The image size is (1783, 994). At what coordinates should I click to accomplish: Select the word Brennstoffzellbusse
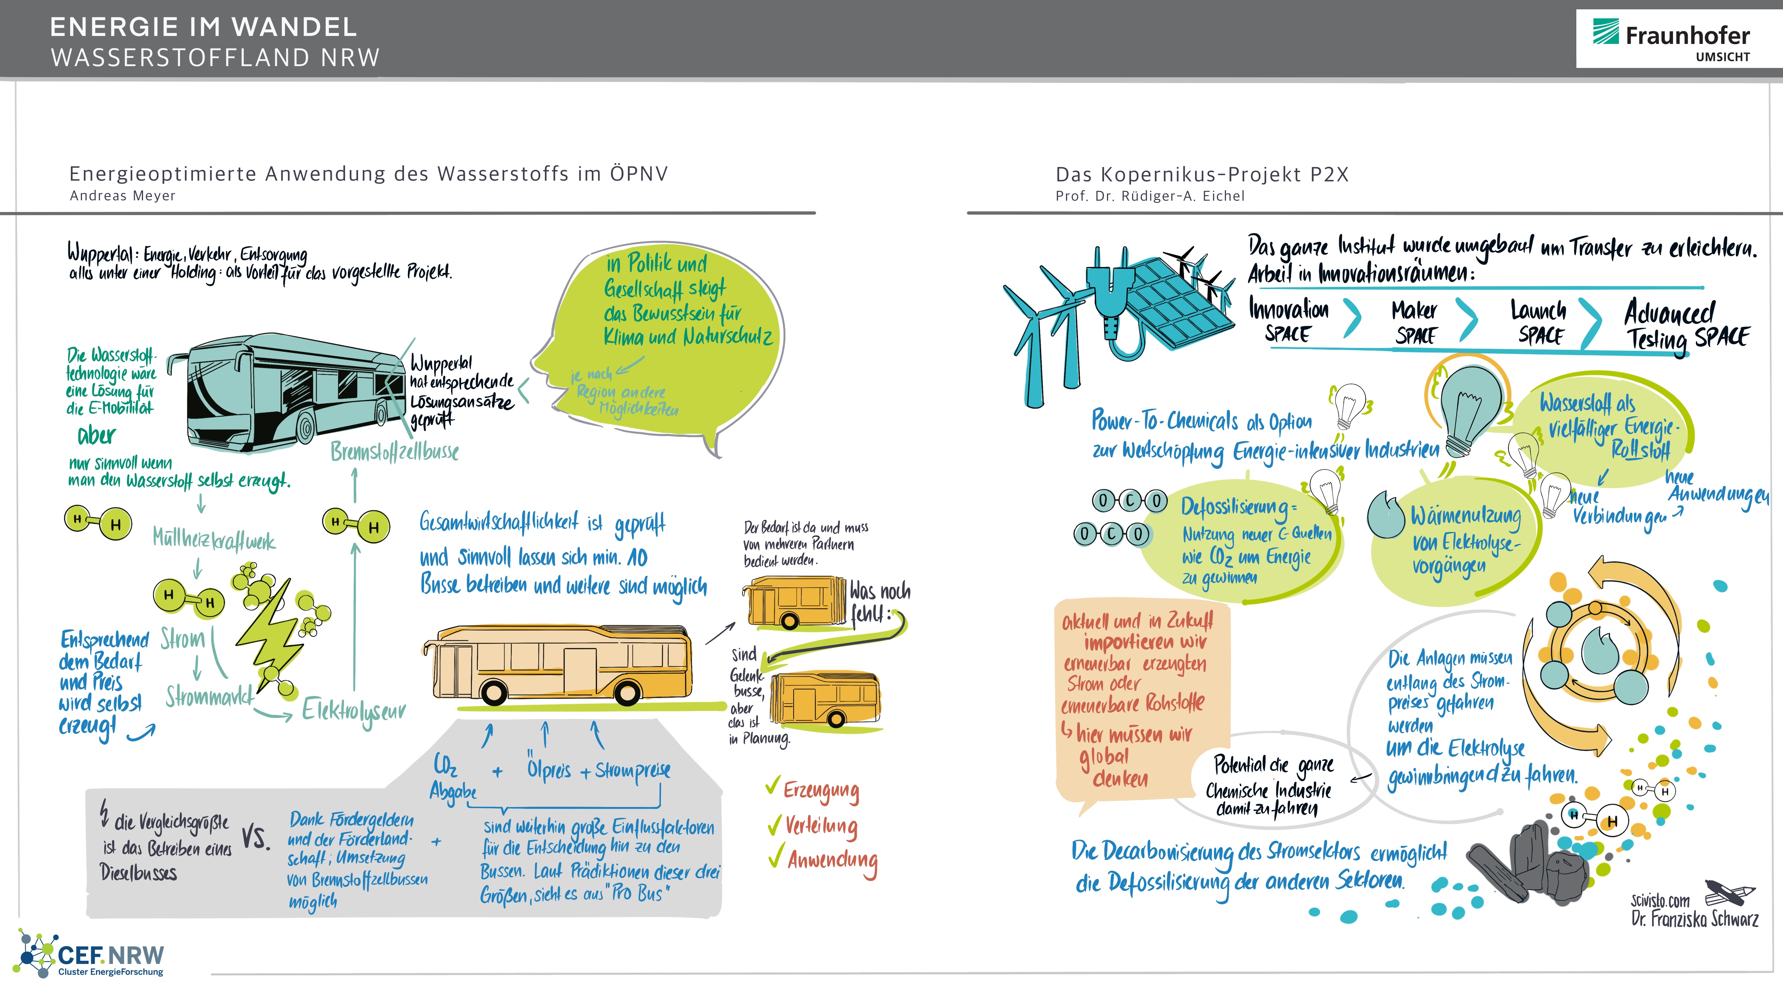pos(395,451)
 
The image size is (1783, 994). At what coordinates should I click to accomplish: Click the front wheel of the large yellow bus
pos(494,691)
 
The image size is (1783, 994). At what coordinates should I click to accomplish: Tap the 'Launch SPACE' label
pos(1538,322)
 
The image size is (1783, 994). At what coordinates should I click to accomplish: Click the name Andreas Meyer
pos(123,196)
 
